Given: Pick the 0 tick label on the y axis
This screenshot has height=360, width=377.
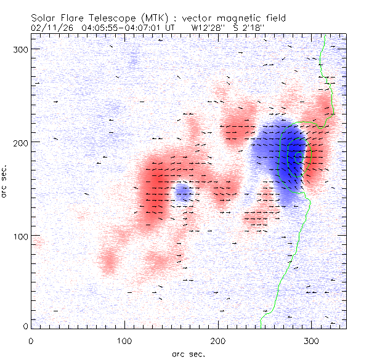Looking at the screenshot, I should tap(25, 326).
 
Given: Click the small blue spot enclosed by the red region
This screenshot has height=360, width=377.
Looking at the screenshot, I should tap(182, 193).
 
